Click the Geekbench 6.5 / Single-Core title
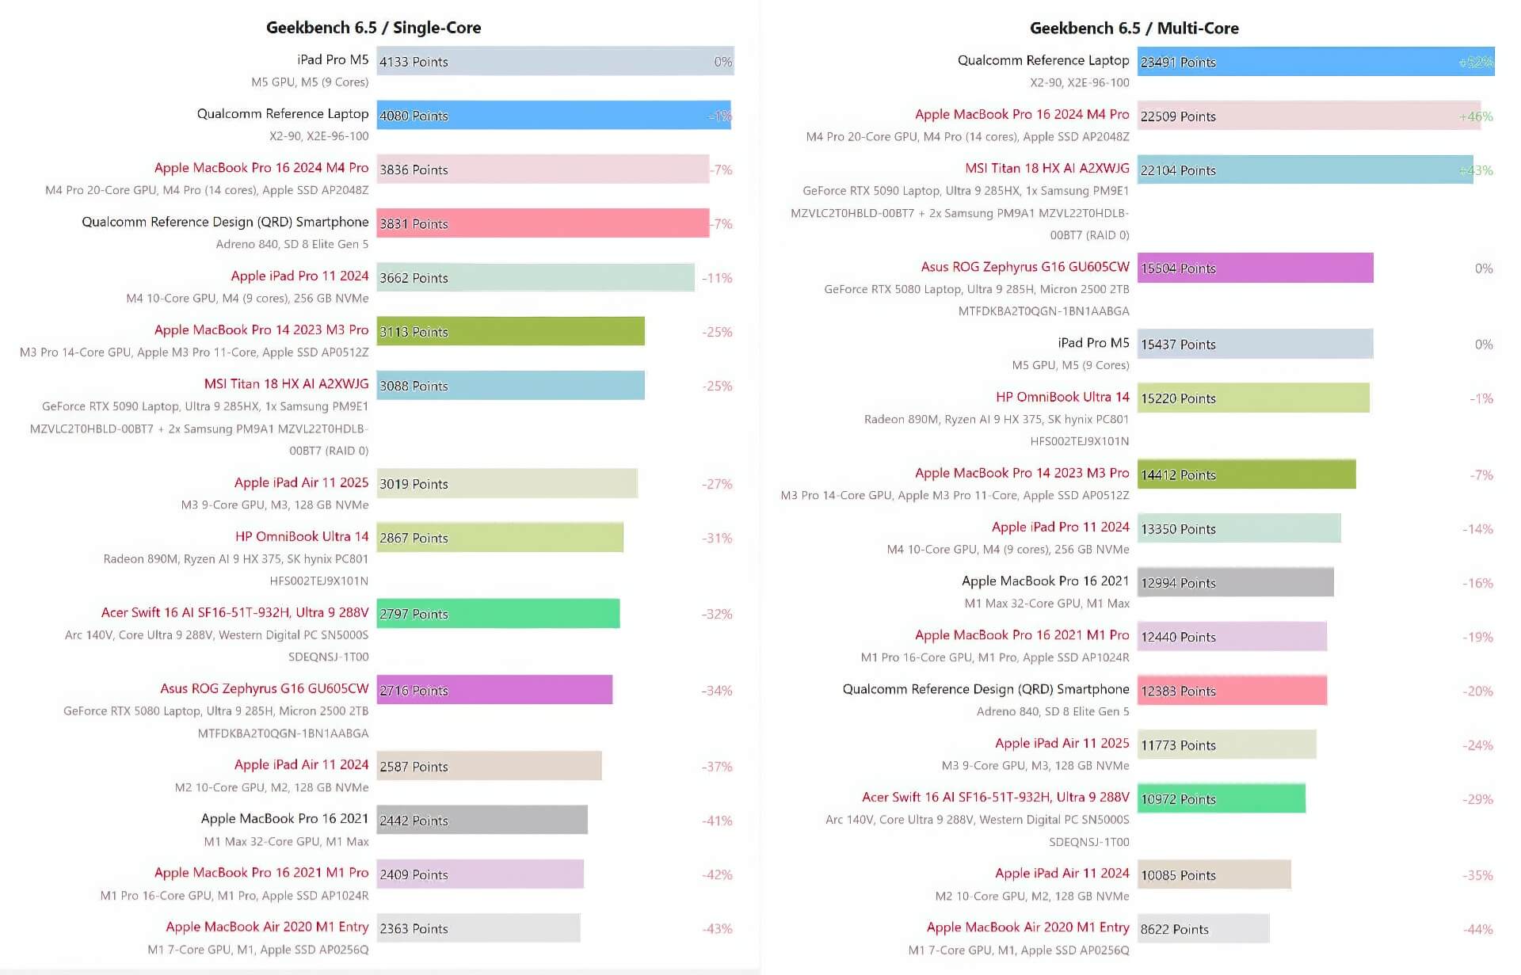point(373,28)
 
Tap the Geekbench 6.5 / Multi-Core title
point(1134,29)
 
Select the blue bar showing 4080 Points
point(553,116)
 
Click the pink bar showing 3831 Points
point(543,223)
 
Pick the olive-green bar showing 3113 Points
point(510,332)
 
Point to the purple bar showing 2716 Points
point(494,690)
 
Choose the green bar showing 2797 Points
point(497,614)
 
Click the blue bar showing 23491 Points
point(1315,62)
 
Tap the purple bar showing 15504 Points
point(1255,269)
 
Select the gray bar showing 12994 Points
point(1235,583)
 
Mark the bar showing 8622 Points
point(1203,929)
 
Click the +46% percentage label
point(1475,116)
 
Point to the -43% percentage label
point(717,928)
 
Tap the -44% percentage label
point(1477,929)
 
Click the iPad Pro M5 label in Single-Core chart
point(333,59)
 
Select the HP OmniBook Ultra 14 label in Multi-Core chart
point(1062,397)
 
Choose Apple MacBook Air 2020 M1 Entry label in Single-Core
point(267,927)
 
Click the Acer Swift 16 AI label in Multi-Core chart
point(995,797)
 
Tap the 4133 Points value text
point(414,62)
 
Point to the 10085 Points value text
point(1178,875)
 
